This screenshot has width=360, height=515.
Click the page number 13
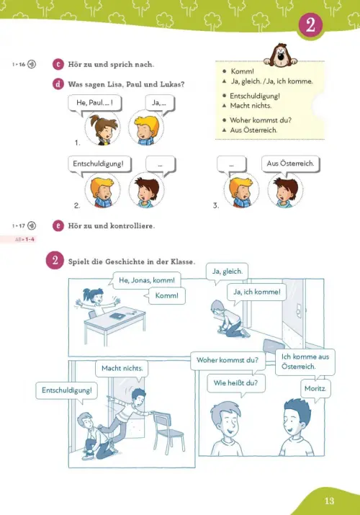[x=329, y=501]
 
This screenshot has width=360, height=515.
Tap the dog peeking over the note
[x=281, y=55]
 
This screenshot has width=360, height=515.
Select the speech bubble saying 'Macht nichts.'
[x=122, y=370]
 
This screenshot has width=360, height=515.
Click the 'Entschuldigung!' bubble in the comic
[x=67, y=392]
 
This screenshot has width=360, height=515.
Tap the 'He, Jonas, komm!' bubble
[x=146, y=280]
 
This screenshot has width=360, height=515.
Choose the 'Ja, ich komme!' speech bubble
[x=256, y=293]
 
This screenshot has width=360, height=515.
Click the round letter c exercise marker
[x=58, y=64]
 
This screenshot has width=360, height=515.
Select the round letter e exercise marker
[x=58, y=225]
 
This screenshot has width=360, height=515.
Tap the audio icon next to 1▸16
[x=32, y=64]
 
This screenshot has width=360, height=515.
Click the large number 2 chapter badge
[x=310, y=25]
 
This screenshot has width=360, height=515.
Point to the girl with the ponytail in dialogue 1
[x=103, y=129]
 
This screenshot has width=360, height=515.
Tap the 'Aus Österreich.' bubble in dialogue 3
[x=290, y=165]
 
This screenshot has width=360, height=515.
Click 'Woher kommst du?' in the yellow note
[x=261, y=120]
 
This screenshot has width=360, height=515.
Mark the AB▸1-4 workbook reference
[x=24, y=239]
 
